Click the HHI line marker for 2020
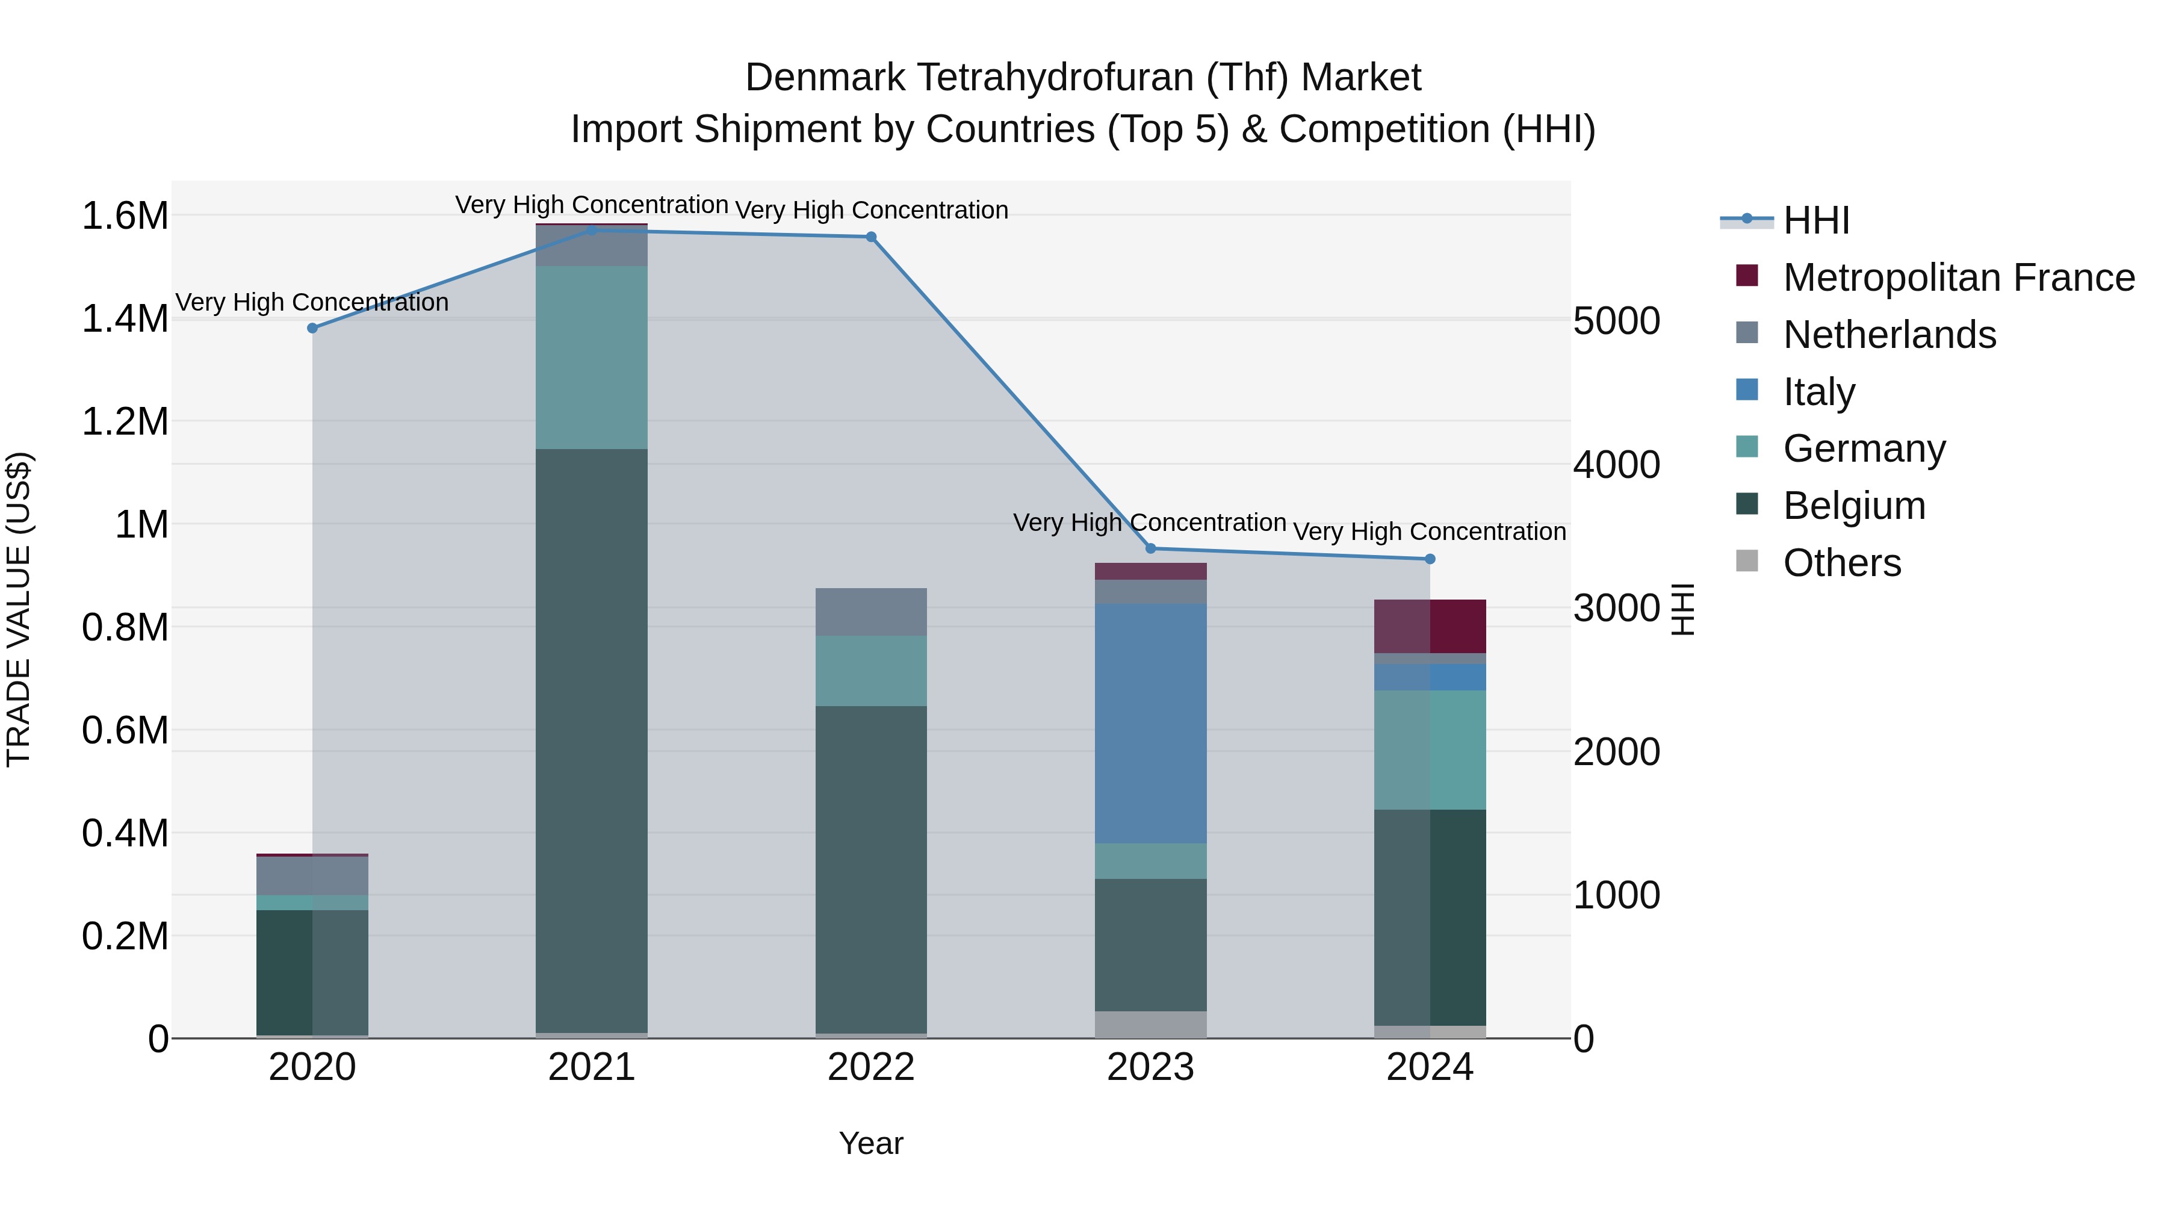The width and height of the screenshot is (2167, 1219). (312, 328)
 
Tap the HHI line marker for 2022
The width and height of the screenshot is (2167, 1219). (872, 237)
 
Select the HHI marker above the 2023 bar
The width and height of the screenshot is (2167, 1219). (1151, 548)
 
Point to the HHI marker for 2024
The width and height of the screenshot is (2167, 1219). (1430, 559)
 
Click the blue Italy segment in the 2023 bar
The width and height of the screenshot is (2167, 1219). (1151, 724)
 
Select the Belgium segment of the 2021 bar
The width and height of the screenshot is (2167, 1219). (591, 740)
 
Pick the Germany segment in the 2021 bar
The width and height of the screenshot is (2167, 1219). (591, 358)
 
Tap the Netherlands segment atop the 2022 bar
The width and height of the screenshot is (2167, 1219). (872, 612)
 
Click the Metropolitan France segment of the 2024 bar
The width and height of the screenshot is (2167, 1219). (1430, 626)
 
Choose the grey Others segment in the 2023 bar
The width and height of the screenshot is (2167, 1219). (1151, 1025)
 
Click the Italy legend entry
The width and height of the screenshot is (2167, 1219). (1818, 392)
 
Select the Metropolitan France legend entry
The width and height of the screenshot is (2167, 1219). (1958, 278)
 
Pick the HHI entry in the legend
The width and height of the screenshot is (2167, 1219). (1816, 220)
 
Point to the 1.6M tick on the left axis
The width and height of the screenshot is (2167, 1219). (125, 216)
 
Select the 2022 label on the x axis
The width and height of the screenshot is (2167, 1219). (872, 1067)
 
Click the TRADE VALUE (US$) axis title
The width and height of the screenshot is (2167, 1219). (19, 609)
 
